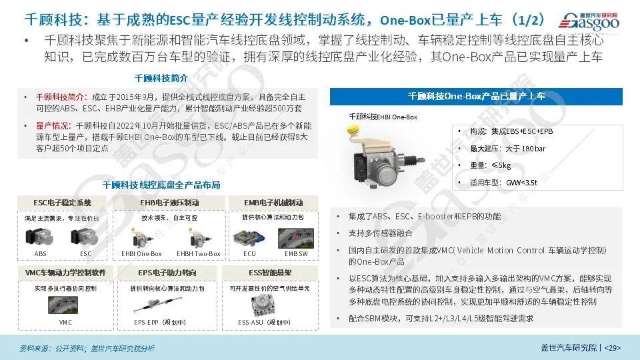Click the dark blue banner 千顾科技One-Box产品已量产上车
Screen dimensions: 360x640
[x=476, y=97]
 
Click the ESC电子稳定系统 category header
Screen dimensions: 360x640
[x=62, y=202]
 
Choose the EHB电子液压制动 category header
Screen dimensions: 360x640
[x=169, y=202]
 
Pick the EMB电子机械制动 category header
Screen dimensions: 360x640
[x=275, y=202]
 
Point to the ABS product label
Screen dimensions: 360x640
[x=41, y=253]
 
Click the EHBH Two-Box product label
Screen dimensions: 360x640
[x=198, y=253]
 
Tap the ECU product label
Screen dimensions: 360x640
[x=249, y=253]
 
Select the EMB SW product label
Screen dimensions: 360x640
[x=296, y=253]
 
